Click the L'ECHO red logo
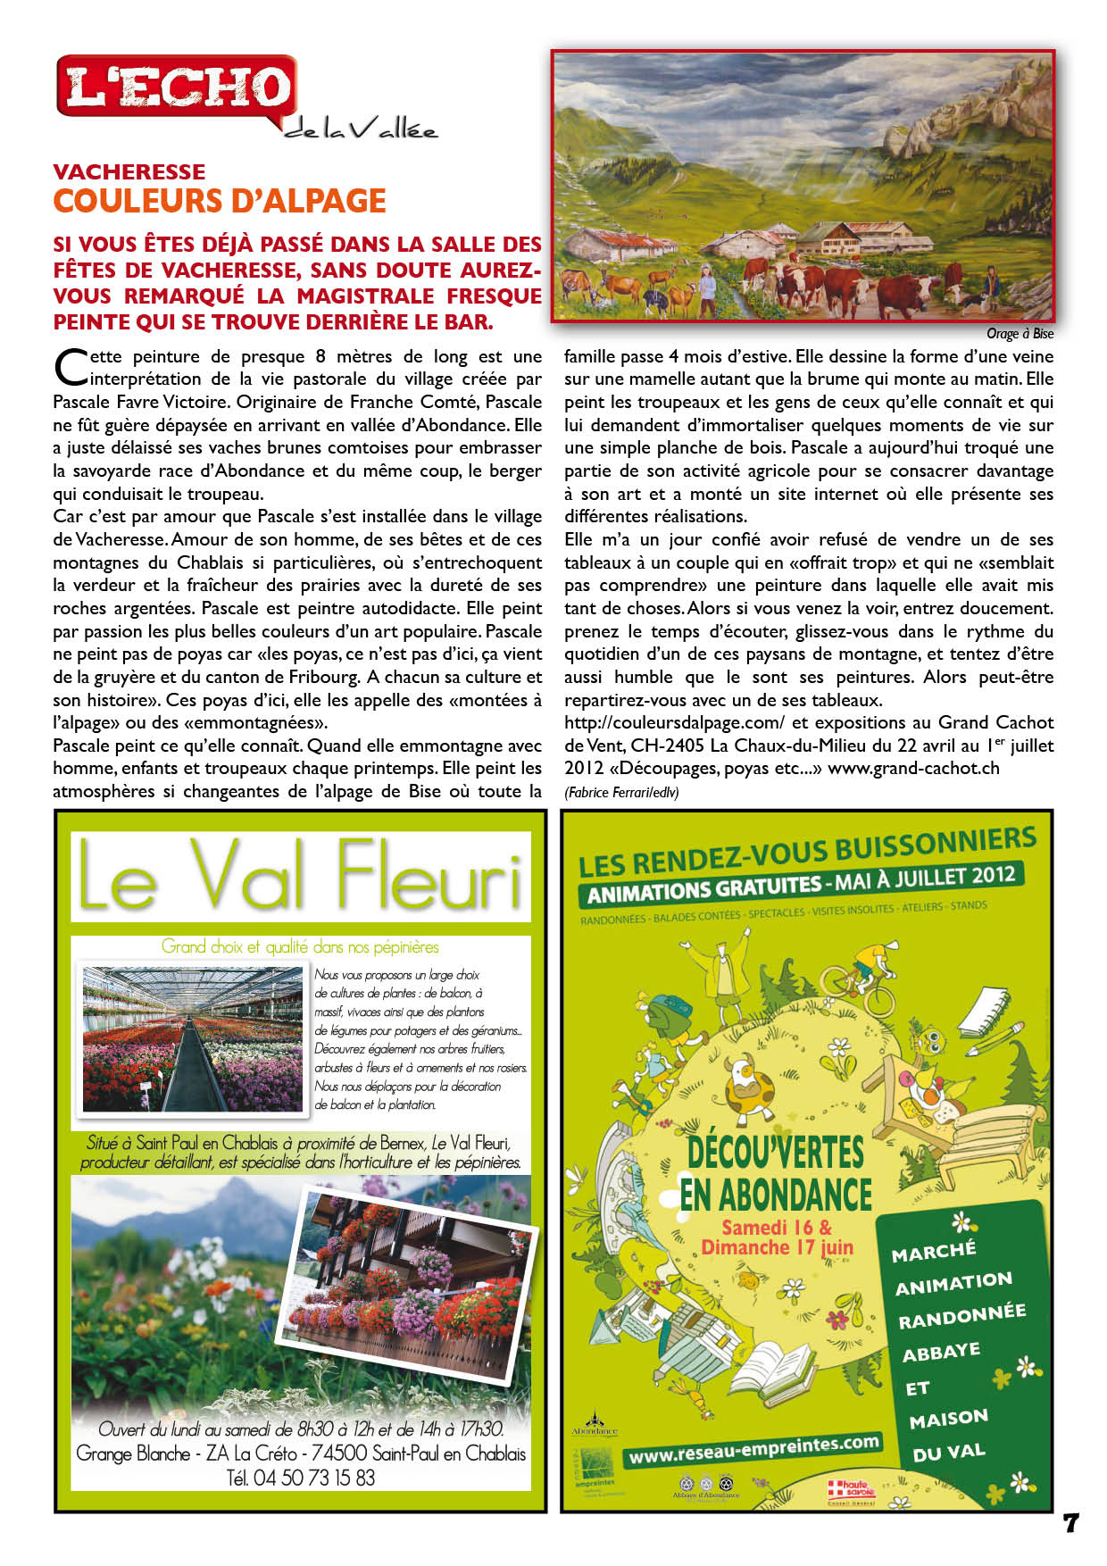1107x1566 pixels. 177,87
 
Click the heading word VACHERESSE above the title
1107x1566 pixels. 129,171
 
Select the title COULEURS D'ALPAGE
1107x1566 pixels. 220,202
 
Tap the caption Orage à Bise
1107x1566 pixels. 1020,334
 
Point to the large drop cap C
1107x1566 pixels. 68,366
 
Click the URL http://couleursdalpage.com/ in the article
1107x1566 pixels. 674,722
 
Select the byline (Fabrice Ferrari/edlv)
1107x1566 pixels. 621,792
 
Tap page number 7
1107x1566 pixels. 1071,1523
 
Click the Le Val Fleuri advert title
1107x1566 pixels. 300,876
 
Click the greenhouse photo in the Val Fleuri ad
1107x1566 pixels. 193,1038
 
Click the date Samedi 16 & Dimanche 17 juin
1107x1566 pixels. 777,1237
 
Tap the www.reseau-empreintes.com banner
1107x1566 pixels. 753,1450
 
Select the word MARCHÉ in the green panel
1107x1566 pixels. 934,1252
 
